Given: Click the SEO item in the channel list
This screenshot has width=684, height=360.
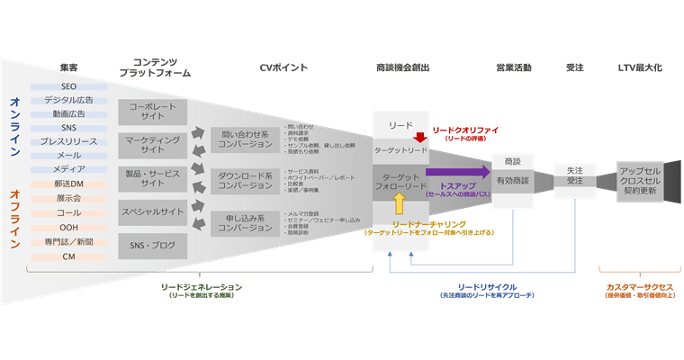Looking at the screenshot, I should pos(69,86).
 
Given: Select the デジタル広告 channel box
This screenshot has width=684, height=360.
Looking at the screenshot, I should pos(69,101).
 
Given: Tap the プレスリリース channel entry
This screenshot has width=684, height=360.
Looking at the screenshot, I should pos(69,141).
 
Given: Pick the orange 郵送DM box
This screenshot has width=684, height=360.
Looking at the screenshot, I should pos(69,184).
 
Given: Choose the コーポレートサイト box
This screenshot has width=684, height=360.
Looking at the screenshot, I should pos(153,112).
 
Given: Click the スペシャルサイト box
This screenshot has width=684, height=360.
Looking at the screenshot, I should pos(153,212).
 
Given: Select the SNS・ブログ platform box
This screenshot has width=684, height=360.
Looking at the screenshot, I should pos(153,246).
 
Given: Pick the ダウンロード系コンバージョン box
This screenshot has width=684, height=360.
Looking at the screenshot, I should pos(246,180).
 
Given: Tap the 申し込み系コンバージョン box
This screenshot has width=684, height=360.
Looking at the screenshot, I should pos(246,222).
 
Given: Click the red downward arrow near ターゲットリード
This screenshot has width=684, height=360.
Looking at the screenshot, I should pos(418,138).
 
